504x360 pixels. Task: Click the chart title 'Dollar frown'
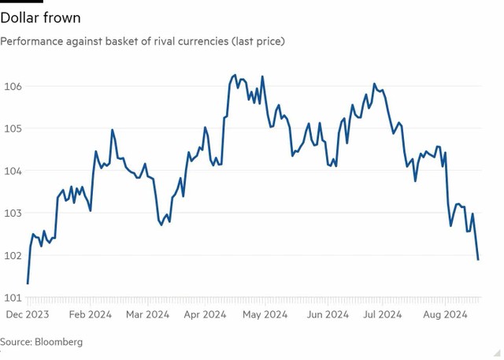[40, 17]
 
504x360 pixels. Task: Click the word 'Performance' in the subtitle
[35, 40]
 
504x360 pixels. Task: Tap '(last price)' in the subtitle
[256, 40]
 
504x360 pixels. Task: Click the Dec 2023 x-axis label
[28, 314]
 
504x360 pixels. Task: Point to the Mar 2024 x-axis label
[147, 314]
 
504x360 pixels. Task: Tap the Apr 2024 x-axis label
[205, 314]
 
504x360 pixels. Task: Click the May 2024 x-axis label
[265, 314]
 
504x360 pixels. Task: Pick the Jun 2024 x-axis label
[326, 314]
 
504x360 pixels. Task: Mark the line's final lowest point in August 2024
[478, 259]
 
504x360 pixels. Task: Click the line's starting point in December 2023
[28, 283]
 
